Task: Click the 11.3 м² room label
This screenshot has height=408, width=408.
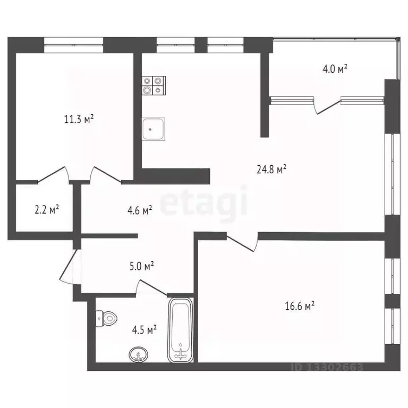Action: [79, 120]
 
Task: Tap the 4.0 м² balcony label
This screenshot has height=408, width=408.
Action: [335, 69]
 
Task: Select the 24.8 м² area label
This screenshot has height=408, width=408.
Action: [271, 169]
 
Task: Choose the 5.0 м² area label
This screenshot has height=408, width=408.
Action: [142, 266]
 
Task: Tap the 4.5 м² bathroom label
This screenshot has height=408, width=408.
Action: [144, 330]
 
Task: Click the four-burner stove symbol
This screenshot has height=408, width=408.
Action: [154, 85]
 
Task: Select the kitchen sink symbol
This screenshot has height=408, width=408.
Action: [154, 128]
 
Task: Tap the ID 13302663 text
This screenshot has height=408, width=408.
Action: [327, 367]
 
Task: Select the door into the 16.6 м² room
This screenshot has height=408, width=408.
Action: [242, 242]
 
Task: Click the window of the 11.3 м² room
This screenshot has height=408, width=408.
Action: [73, 44]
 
